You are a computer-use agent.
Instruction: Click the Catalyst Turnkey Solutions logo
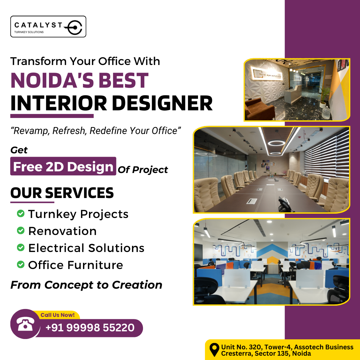(48, 27)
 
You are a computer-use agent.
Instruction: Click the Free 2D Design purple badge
(63, 166)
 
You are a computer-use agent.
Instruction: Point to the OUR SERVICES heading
(62, 193)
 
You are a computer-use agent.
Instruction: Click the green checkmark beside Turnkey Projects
(21, 213)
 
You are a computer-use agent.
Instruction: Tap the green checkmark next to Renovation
(21, 230)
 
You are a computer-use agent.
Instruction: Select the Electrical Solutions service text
(86, 248)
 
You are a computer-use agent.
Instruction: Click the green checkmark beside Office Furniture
(21, 265)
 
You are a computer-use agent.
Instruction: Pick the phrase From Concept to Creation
(86, 285)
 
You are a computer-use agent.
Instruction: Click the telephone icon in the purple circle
(26, 324)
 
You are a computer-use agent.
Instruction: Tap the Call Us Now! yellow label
(58, 315)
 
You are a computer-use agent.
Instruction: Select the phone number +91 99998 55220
(90, 328)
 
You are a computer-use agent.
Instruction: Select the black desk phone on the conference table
(284, 204)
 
